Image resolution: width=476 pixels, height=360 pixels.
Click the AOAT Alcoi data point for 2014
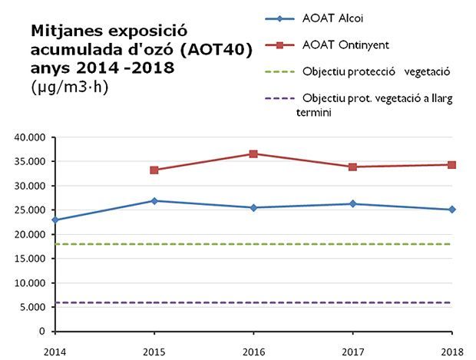tap(55, 220)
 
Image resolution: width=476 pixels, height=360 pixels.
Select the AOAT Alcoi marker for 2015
tap(154, 201)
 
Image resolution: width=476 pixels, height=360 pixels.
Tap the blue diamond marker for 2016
tap(253, 207)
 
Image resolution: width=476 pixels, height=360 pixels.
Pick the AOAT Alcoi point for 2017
tap(352, 203)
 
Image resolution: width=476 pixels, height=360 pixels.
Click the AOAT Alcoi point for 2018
tap(451, 210)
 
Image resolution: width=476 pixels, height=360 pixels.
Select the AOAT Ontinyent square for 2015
tap(154, 170)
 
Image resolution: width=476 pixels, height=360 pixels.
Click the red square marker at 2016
tap(253, 154)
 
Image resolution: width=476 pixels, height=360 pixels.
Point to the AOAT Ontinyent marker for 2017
tap(352, 167)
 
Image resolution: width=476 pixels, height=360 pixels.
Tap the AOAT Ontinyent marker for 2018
tap(451, 164)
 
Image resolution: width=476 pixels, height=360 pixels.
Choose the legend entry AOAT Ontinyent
tap(345, 46)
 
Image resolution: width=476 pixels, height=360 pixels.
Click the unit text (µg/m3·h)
tap(70, 86)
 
